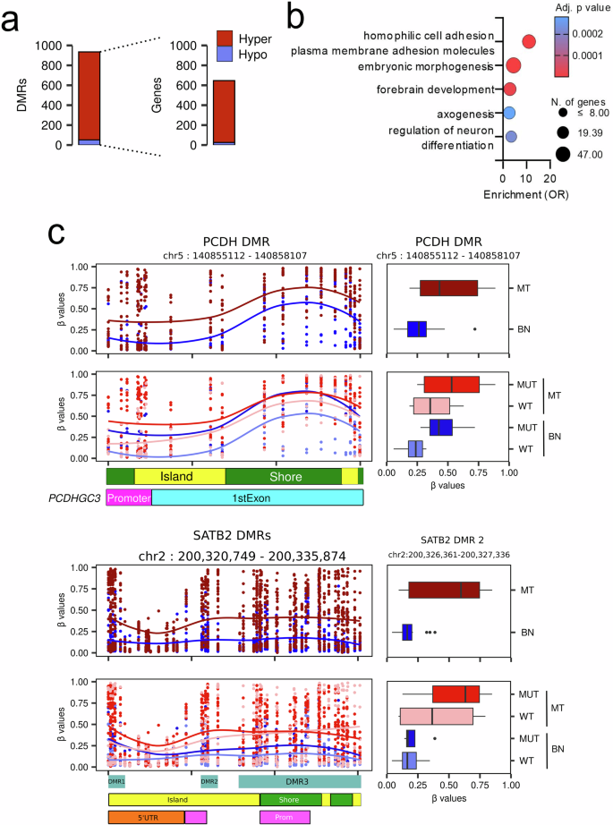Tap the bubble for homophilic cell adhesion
(x=529, y=42)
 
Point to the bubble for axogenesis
(x=508, y=113)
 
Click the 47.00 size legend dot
(x=563, y=155)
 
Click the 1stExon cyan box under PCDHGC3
(x=257, y=497)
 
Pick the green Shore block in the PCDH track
(x=283, y=476)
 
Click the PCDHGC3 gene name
(x=75, y=497)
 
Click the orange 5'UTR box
(x=146, y=817)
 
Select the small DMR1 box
(x=117, y=781)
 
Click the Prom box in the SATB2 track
(x=284, y=817)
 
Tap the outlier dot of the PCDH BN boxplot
(x=474, y=329)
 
